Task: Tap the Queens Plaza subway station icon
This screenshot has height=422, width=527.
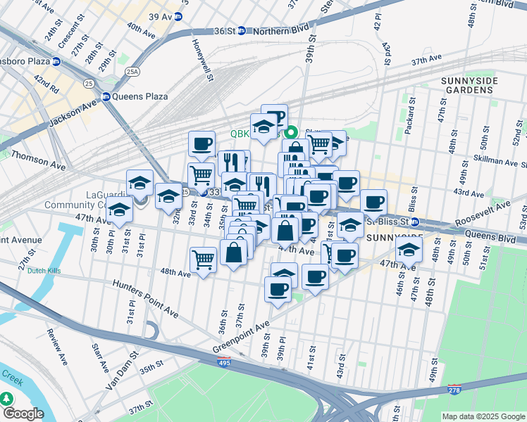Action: pos(106,97)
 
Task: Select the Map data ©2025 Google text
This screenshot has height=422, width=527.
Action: pos(483,416)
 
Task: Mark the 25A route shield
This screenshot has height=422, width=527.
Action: pos(132,71)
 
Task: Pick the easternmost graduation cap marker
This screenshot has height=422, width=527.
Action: pos(409,248)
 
